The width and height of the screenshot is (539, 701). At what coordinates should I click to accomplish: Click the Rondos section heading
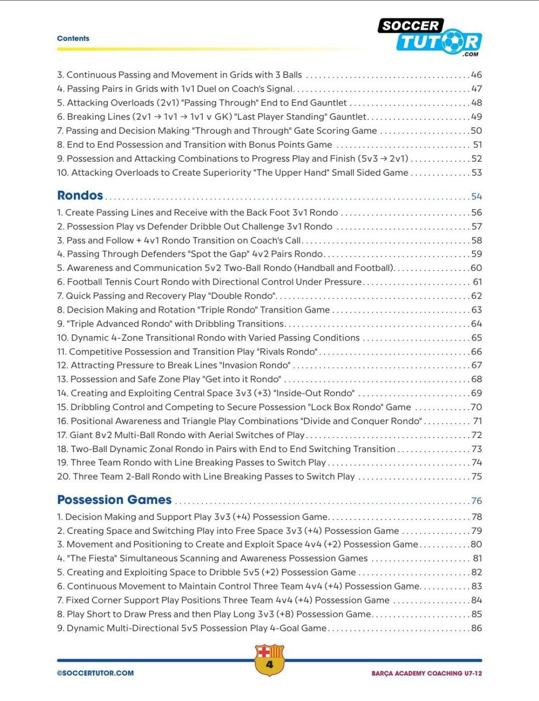[80, 196]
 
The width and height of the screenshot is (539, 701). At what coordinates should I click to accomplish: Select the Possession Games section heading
[114, 500]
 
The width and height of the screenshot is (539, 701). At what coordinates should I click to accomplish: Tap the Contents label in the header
[73, 39]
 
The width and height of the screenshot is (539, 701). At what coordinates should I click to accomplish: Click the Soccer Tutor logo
[430, 37]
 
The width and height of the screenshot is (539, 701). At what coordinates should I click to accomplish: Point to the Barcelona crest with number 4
[269, 660]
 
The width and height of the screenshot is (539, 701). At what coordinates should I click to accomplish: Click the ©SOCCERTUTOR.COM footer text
[95, 673]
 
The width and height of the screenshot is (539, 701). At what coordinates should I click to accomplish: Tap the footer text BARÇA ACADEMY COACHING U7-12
[426, 674]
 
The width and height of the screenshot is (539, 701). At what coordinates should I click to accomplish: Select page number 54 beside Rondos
[476, 197]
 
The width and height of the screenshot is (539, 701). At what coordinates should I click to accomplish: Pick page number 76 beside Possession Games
[476, 501]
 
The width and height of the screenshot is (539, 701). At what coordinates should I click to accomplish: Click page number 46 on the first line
[476, 75]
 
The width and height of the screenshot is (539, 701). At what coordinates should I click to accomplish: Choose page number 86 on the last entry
[476, 628]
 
